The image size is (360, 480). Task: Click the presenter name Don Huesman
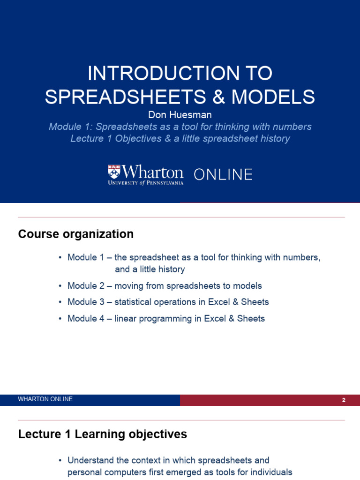click(180, 115)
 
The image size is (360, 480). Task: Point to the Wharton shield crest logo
click(114, 172)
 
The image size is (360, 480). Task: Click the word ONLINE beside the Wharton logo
click(223, 175)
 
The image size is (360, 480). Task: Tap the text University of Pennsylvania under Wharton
click(146, 182)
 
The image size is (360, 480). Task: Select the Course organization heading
click(76, 234)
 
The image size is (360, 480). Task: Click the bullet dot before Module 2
click(60, 286)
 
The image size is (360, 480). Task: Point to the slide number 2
click(344, 400)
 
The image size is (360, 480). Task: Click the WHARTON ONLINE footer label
click(45, 399)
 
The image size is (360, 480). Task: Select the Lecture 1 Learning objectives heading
click(103, 435)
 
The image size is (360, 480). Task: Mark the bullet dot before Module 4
click(60, 319)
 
